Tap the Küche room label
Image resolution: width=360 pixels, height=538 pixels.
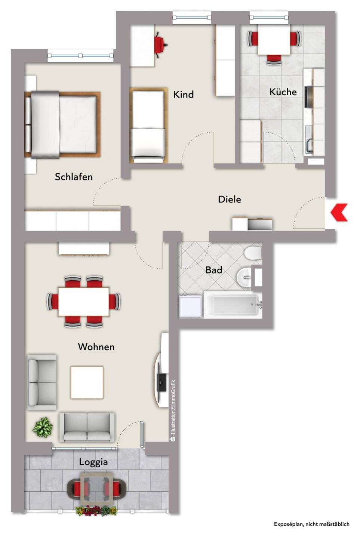[x=283, y=92]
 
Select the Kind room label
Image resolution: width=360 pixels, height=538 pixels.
[x=183, y=95]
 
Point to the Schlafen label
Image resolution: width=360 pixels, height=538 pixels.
[x=74, y=177]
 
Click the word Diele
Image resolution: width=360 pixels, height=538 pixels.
[x=229, y=200]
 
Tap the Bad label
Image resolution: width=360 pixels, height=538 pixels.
[x=214, y=270]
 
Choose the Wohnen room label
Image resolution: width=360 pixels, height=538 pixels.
[x=96, y=347]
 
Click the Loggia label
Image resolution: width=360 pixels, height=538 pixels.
[x=93, y=462]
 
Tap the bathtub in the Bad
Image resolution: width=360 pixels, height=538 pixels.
[x=233, y=305]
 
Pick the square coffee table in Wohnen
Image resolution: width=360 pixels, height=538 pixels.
[x=87, y=382]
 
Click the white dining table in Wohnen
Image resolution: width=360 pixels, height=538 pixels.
[x=83, y=302]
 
